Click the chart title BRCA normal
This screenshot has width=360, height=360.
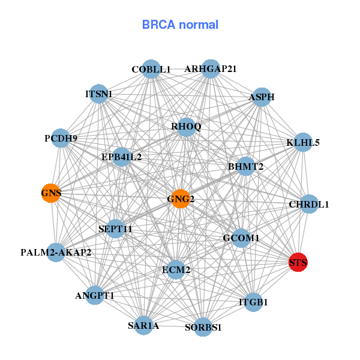click(180, 25)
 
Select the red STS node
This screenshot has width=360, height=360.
click(298, 262)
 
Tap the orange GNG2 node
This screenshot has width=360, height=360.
click(181, 199)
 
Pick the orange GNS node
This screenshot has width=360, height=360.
click(51, 193)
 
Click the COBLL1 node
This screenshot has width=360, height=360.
click(151, 69)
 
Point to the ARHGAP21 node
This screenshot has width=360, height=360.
click(210, 68)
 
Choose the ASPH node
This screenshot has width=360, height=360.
click(262, 97)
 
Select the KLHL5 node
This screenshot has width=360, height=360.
click(303, 142)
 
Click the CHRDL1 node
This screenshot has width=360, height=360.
click(309, 204)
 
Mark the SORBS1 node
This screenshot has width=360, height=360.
click(203, 327)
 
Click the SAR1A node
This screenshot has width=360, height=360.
click(143, 325)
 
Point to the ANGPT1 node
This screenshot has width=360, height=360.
click(95, 295)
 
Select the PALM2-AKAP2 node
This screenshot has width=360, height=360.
click(56, 253)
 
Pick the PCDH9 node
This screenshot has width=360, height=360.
click(61, 139)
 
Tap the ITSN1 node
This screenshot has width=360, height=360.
click(99, 94)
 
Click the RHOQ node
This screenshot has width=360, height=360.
click(186, 127)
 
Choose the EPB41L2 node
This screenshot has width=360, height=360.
click(121, 157)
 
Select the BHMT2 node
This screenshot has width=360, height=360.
click(245, 166)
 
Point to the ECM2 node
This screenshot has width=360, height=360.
click(176, 270)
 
